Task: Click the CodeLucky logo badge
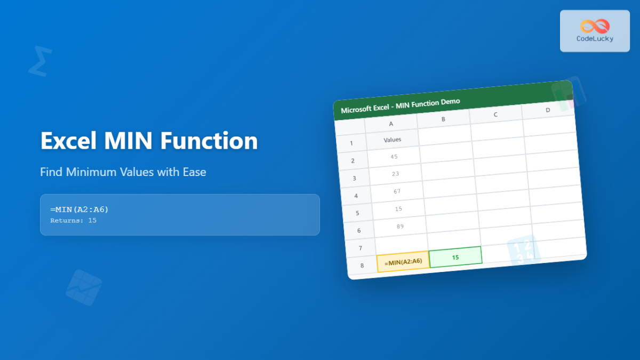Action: [x=595, y=31]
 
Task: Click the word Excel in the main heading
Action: [x=69, y=141]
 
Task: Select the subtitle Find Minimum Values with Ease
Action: [x=123, y=172]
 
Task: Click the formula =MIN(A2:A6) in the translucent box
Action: [x=79, y=210]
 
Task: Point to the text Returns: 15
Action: [x=73, y=220]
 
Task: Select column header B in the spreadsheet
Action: [x=443, y=119]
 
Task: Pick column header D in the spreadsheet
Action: [x=548, y=110]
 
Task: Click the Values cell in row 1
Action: [x=393, y=140]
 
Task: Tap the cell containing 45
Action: [x=394, y=157]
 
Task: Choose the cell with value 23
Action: [x=395, y=174]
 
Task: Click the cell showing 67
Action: [x=397, y=191]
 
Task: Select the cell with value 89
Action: [x=400, y=226]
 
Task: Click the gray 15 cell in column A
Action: [x=398, y=209]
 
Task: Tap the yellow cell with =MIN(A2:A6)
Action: [x=403, y=261]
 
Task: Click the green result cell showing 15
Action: [x=455, y=257]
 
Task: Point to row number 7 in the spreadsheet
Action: [x=361, y=248]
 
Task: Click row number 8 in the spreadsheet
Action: [x=362, y=266]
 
